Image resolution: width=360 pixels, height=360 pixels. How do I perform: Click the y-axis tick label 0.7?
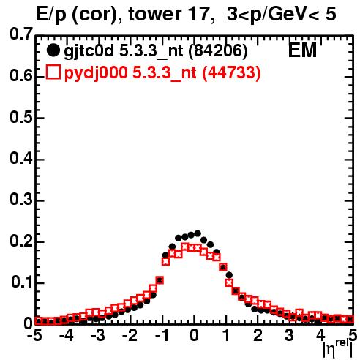pyautogui.click(x=21, y=34)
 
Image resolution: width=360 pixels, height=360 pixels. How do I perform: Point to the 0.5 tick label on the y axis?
pyautogui.click(x=21, y=117)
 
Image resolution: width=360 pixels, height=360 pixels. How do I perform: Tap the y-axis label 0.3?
pyautogui.click(x=21, y=200)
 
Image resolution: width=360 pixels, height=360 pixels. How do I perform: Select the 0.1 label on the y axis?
pyautogui.click(x=22, y=282)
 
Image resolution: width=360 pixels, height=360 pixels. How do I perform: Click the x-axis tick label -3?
pyautogui.click(x=98, y=335)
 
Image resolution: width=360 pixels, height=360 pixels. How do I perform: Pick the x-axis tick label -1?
pyautogui.click(x=162, y=335)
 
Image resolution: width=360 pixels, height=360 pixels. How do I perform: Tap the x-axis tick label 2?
pyautogui.click(x=258, y=335)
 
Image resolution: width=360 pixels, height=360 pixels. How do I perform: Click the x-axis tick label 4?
pyautogui.click(x=320, y=335)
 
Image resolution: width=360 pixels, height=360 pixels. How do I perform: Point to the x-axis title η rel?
pyautogui.click(x=338, y=348)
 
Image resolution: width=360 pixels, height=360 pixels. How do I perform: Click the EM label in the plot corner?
pyautogui.click(x=302, y=50)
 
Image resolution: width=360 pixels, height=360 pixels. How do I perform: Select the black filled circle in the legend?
pyautogui.click(x=53, y=50)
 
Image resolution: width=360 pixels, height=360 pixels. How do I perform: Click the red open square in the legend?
pyautogui.click(x=53, y=72)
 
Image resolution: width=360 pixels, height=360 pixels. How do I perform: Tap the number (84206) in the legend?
pyautogui.click(x=218, y=51)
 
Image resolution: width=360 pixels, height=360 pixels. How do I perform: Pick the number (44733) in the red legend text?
pyautogui.click(x=231, y=72)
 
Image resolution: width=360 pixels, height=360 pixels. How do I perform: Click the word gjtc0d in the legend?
pyautogui.click(x=89, y=51)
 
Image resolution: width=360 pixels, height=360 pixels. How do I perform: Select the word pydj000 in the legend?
pyautogui.click(x=96, y=73)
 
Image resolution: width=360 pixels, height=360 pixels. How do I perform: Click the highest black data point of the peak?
pyautogui.click(x=198, y=233)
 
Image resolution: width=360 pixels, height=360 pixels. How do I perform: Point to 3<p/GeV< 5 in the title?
pyautogui.click(x=282, y=15)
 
